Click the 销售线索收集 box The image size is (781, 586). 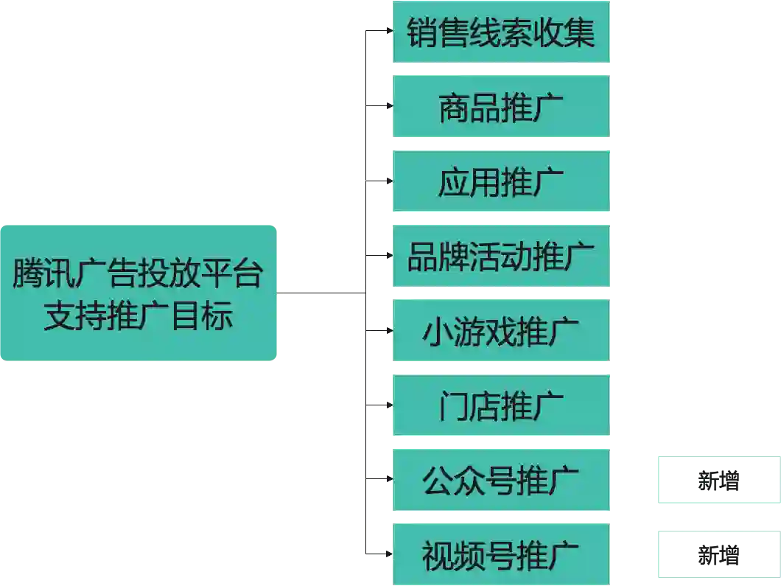(501, 33)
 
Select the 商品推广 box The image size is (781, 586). (501, 108)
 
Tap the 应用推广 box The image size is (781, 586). (501, 181)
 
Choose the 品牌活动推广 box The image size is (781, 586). (501, 257)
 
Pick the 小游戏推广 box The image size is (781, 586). (501, 331)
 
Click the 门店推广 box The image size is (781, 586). (501, 405)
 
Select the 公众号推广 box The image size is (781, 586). (501, 481)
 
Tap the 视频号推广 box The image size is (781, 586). (501, 554)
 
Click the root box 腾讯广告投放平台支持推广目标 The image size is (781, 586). (138, 294)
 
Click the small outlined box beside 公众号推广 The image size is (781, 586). (718, 481)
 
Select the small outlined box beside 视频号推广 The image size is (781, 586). (718, 555)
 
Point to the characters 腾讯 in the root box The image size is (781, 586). (43, 275)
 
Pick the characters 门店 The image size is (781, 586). (469, 405)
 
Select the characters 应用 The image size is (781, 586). (469, 181)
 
